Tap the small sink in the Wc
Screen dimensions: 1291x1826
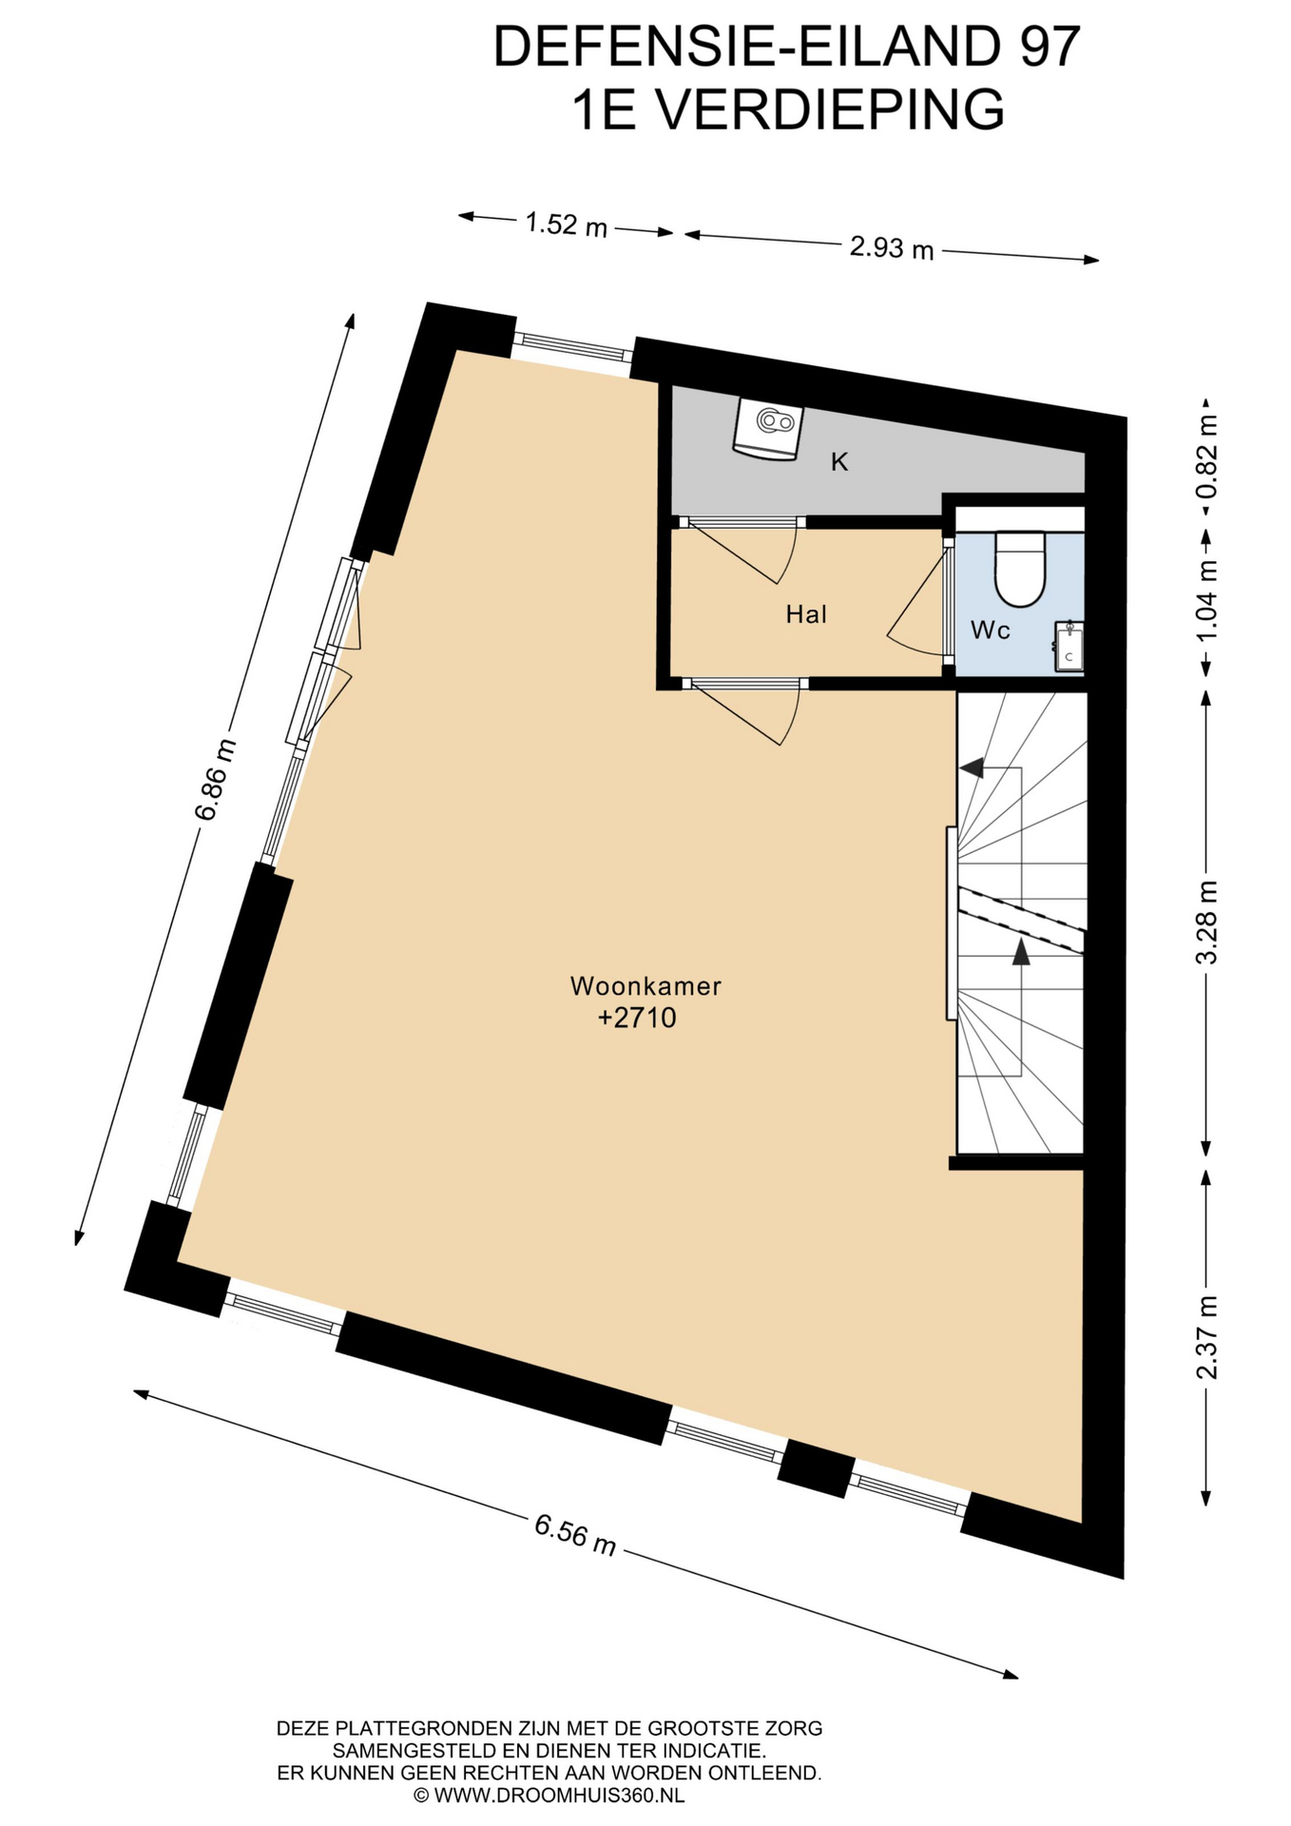(x=1069, y=647)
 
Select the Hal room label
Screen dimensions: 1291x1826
(x=806, y=614)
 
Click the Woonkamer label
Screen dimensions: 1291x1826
(x=645, y=985)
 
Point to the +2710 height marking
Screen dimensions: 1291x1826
(x=637, y=1018)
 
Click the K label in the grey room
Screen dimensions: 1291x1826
(x=839, y=462)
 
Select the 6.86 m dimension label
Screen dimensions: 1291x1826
(x=215, y=780)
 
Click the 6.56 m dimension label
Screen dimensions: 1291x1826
(x=575, y=1535)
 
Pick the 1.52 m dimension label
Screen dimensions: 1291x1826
(x=567, y=225)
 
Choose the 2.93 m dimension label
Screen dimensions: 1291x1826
(x=892, y=248)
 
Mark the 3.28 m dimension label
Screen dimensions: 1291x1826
(x=1206, y=923)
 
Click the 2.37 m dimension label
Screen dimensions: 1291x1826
(x=1206, y=1337)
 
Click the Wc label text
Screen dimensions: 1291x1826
(x=990, y=630)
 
